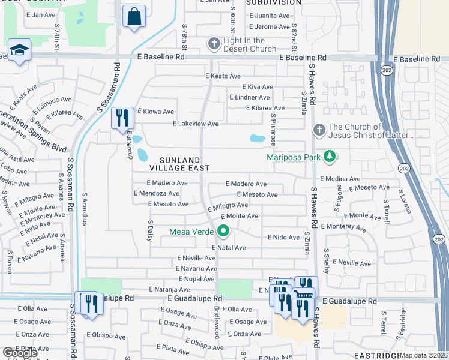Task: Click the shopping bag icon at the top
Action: [134, 16]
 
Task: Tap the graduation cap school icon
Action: [19, 50]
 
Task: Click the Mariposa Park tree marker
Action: [329, 158]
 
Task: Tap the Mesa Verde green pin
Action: [224, 230]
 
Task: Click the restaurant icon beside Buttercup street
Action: [122, 118]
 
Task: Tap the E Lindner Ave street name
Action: [249, 97]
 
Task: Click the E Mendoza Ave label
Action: [157, 193]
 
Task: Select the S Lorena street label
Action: [406, 202]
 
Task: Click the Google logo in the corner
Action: [20, 353]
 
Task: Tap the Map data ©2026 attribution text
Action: [423, 355]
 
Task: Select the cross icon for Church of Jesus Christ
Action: [319, 130]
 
